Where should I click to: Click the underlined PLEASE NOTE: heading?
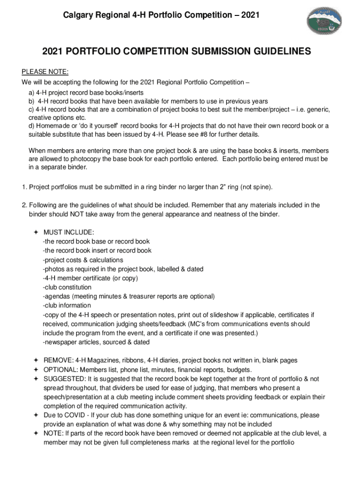coord(45,72)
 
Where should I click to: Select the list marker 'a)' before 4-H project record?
coord(32,93)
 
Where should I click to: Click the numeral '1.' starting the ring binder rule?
coord(24,187)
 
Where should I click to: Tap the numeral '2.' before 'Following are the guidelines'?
coord(24,205)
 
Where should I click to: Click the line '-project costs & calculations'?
coord(83,260)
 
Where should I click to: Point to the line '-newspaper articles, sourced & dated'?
coord(96,342)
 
